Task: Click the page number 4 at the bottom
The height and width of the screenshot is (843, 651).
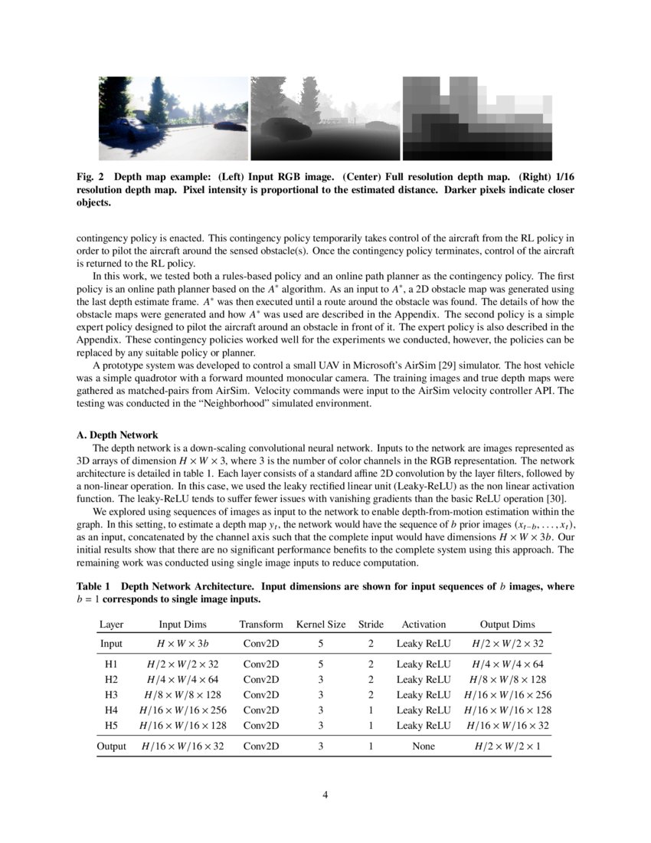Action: [325, 795]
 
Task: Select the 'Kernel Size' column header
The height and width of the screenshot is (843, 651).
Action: [321, 625]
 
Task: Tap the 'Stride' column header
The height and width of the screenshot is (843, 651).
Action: [371, 625]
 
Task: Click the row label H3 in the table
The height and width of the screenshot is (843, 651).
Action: [111, 694]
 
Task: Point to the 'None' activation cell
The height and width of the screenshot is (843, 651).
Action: [424, 746]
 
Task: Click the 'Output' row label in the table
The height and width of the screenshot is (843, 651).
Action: [111, 746]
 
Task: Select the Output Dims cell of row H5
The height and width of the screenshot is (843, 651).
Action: [508, 725]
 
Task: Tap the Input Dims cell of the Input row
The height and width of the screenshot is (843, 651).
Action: [181, 644]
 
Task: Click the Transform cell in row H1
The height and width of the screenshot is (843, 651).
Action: [261, 664]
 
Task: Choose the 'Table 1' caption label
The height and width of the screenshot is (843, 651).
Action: [93, 586]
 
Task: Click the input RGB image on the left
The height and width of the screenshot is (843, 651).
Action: [174, 118]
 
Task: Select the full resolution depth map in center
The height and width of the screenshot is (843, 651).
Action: [325, 118]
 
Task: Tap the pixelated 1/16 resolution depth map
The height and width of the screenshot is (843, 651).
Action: [477, 118]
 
